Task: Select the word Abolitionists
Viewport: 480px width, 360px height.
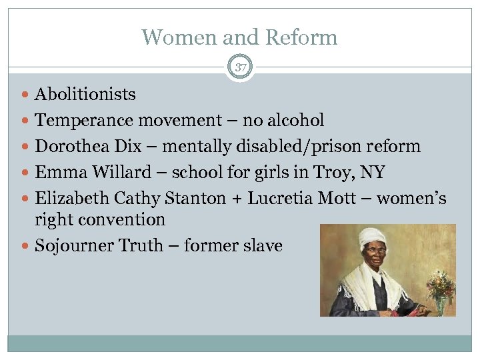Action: click(85, 95)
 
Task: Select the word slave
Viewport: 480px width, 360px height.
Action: click(261, 245)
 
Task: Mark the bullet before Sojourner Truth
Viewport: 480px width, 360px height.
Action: click(25, 246)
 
